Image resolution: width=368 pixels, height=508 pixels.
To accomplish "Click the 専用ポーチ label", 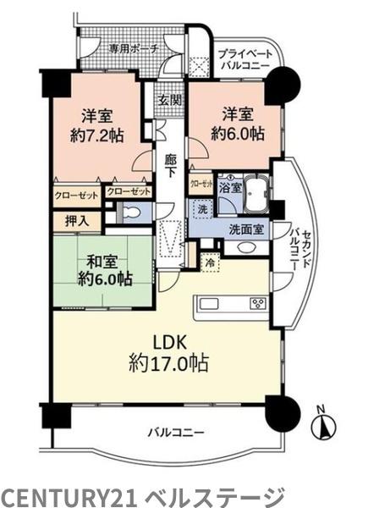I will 135,48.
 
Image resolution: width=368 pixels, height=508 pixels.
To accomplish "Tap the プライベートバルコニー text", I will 242,56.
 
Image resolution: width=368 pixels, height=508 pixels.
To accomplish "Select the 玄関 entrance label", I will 168,100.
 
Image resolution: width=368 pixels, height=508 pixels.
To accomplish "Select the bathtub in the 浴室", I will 255,196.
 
